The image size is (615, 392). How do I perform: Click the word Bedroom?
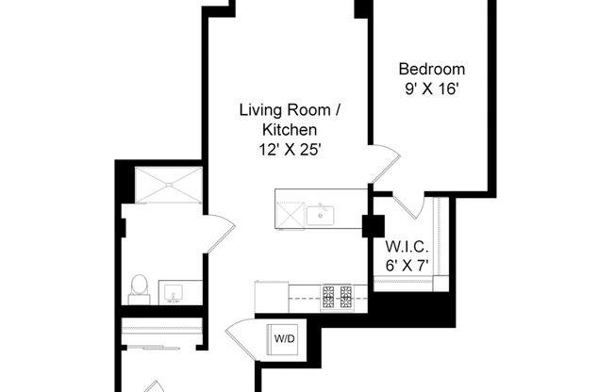tap(432, 70)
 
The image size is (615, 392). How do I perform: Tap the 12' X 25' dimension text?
tap(290, 149)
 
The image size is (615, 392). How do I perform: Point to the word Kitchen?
tap(290, 129)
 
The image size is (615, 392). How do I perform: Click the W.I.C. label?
tap(407, 248)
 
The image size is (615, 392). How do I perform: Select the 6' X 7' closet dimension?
tap(407, 267)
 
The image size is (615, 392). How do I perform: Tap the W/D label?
tap(283, 338)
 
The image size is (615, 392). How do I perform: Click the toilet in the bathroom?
tap(139, 286)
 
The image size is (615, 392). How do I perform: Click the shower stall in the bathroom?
tap(169, 184)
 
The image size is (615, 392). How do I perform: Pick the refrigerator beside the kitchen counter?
tap(271, 296)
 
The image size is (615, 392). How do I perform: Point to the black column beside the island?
tap(373, 227)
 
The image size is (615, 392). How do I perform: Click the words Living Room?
tap(290, 109)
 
